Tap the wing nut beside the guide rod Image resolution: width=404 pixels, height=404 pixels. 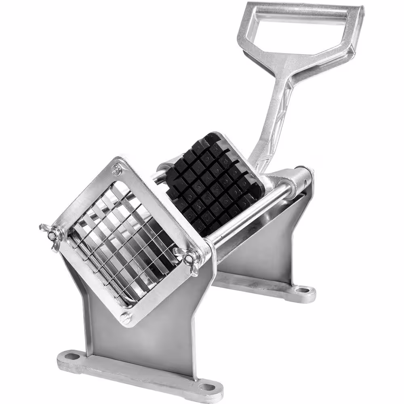(x=187, y=259)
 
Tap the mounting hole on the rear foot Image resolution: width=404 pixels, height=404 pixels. (x=302, y=290)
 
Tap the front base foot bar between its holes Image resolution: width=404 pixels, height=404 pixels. (x=137, y=374)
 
